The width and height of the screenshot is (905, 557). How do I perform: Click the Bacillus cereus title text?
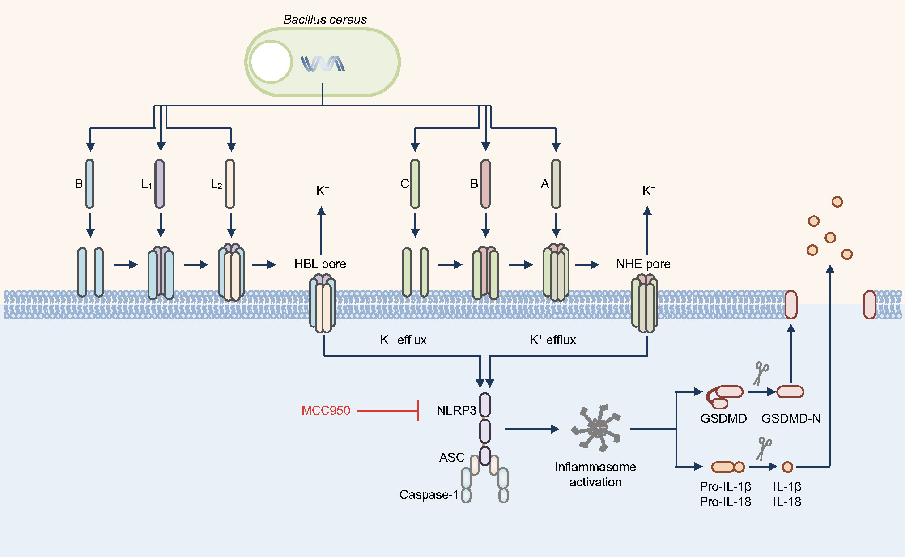pos(325,20)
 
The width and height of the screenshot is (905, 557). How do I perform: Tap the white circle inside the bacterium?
pos(271,62)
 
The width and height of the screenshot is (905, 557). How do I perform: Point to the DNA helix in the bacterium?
pos(323,64)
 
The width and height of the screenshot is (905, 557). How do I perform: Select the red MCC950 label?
pos(326,411)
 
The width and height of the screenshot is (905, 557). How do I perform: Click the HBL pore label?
pos(320,264)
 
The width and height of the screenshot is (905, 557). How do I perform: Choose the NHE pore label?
pos(643,264)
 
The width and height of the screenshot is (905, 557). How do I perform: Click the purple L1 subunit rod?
pos(160,184)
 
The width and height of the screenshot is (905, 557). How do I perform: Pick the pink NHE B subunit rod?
pos(485,184)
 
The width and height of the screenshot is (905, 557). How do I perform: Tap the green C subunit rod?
pos(415,184)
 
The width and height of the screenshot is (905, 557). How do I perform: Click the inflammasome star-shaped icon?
pos(597,428)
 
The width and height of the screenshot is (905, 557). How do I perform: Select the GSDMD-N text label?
pos(791,419)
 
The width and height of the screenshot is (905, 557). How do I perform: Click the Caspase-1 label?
pos(429,495)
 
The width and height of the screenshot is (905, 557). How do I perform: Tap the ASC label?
pos(452,458)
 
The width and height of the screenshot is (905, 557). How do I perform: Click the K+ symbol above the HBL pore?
pos(323,191)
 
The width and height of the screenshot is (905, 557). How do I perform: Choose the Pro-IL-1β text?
pos(725,487)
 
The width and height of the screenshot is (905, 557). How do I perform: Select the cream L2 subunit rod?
pos(230,184)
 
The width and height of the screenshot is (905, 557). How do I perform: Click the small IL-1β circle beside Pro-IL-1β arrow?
pos(787,467)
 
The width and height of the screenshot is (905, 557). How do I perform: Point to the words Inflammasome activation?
pos(595,475)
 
